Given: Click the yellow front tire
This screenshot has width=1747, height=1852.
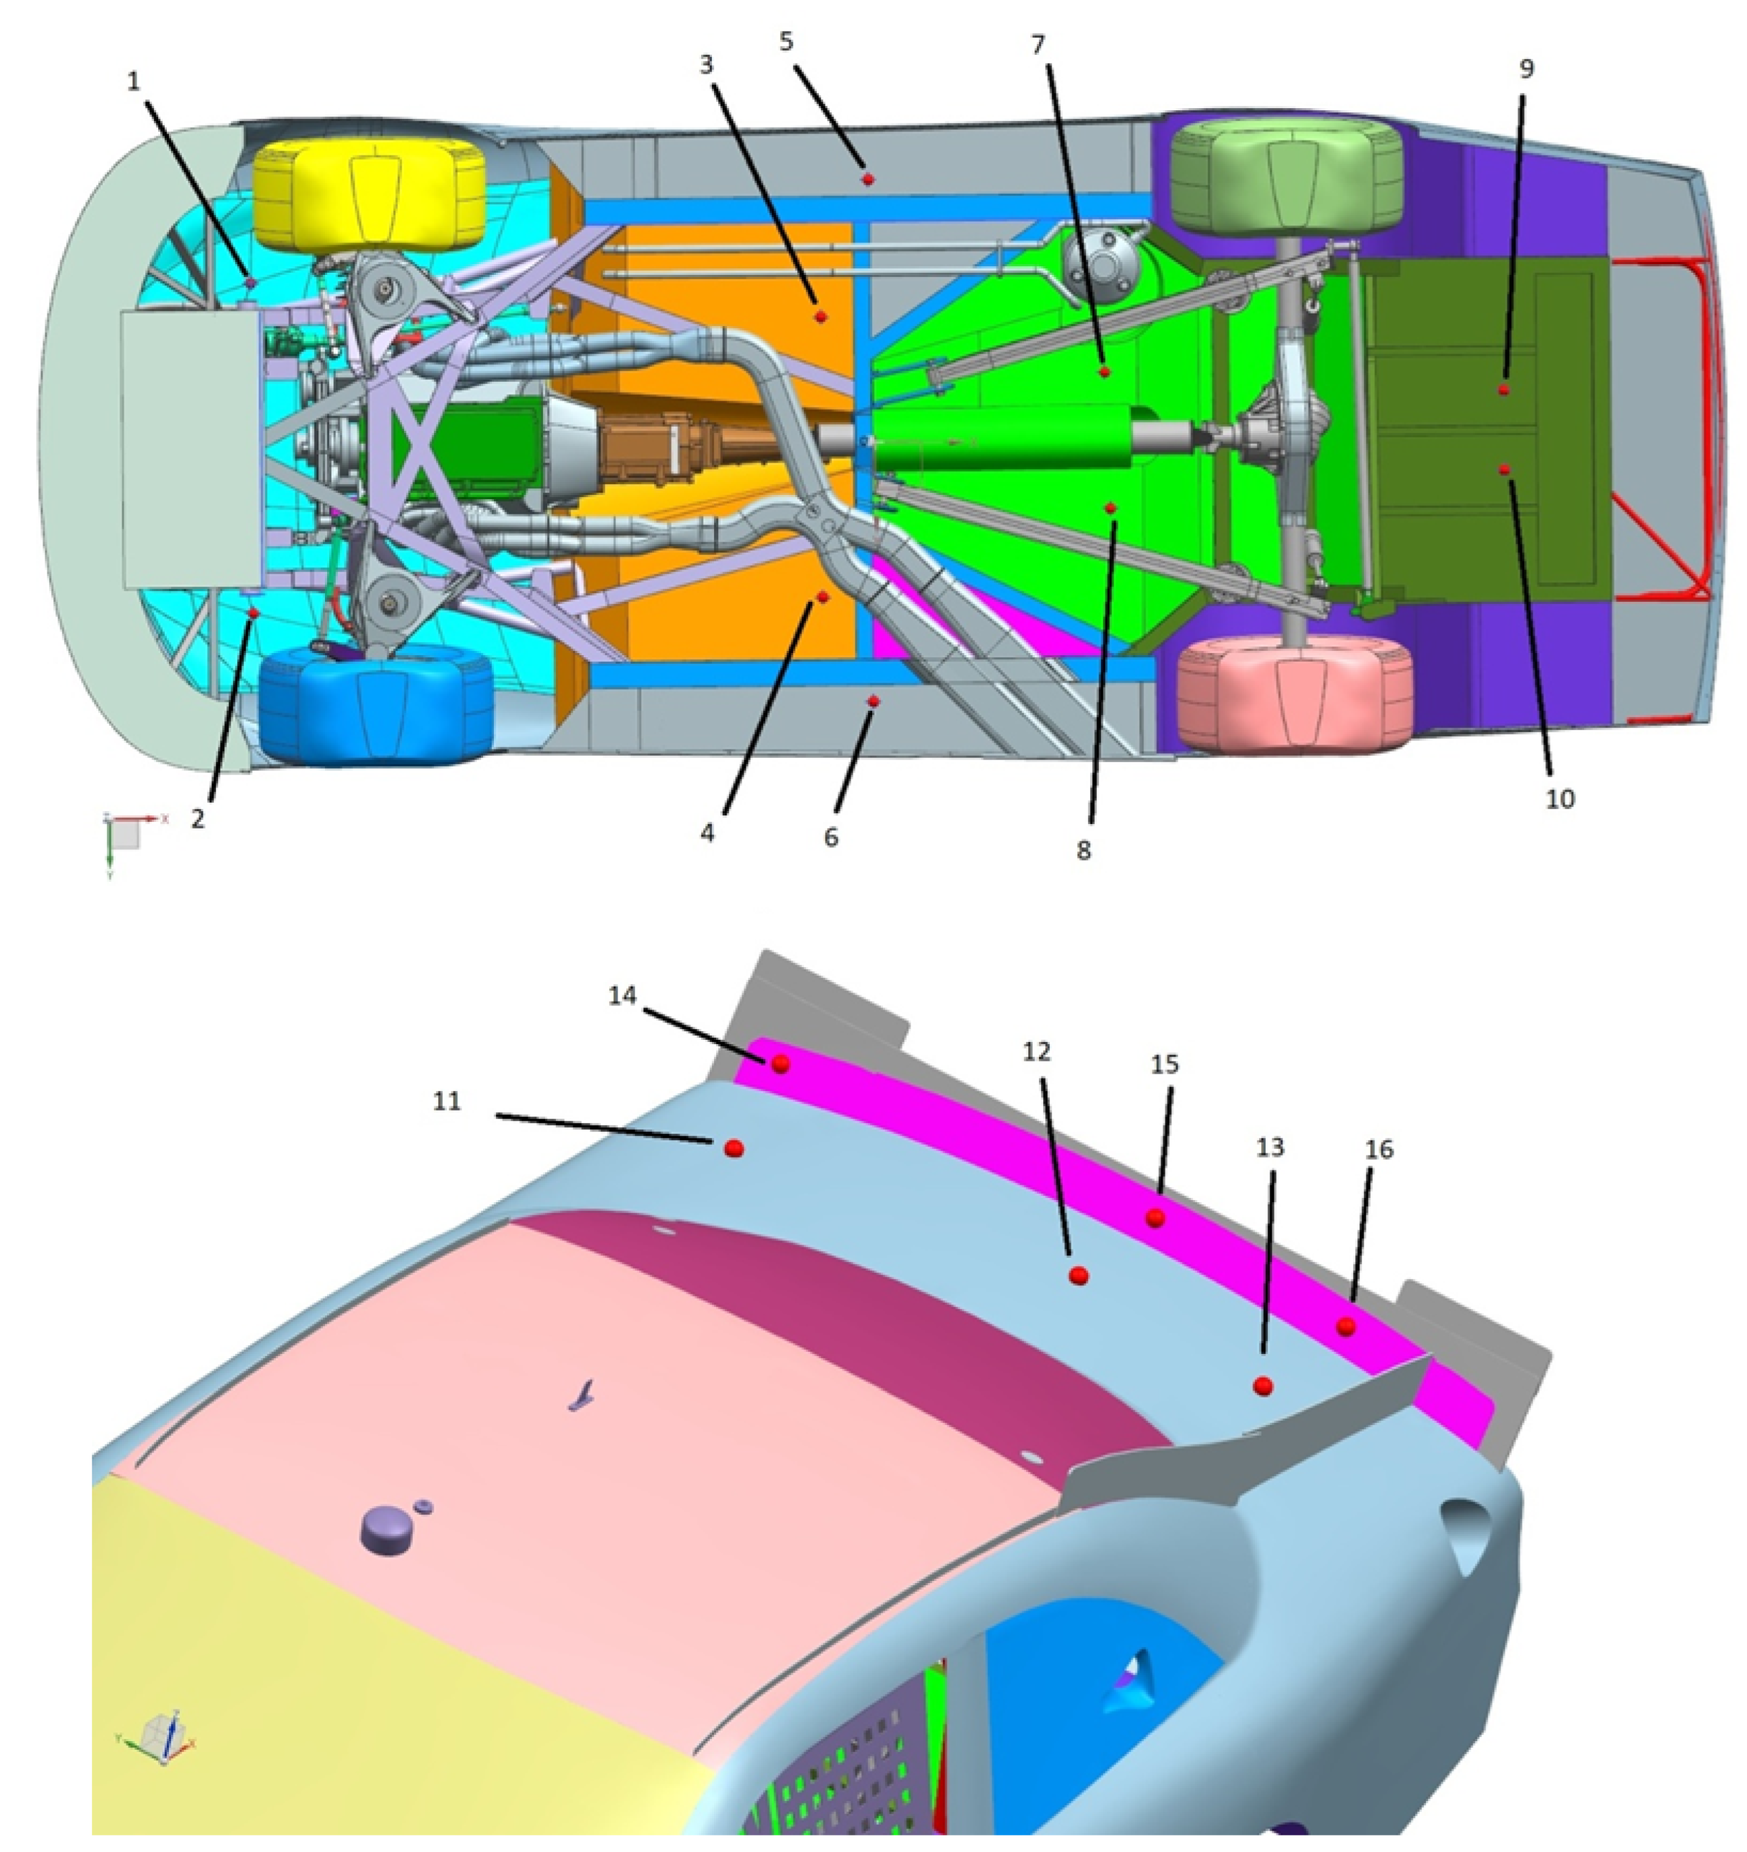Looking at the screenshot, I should [370, 196].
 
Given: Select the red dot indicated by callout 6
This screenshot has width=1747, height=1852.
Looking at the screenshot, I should [873, 701].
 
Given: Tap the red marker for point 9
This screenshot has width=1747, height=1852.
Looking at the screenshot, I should [1504, 390].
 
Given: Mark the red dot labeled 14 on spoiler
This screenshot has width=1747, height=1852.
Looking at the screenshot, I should [781, 1063].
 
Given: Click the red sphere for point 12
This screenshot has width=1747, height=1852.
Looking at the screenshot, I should [1079, 1276].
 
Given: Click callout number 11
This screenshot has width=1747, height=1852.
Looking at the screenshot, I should [447, 1101].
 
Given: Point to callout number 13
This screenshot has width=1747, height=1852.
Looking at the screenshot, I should [1270, 1148].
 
